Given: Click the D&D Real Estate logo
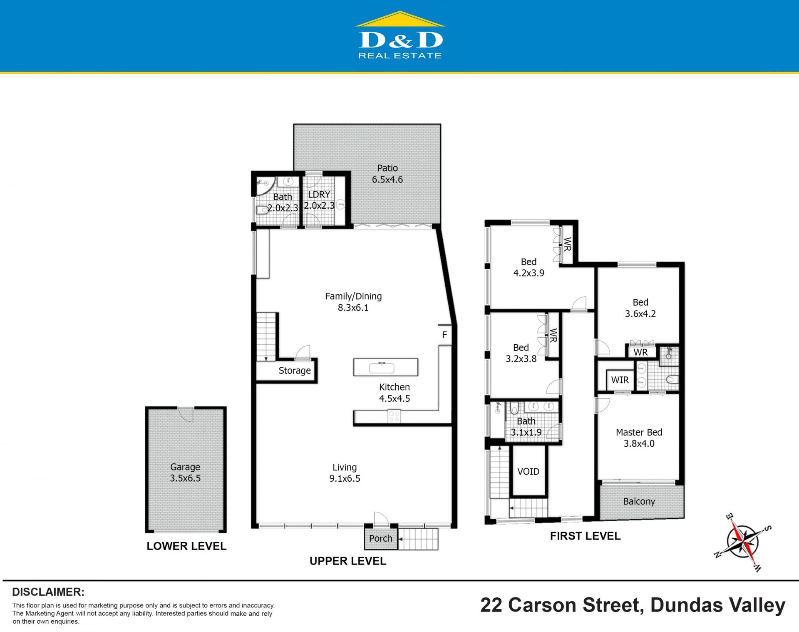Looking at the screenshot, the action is [x=400, y=35].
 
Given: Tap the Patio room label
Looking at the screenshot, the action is [x=387, y=168].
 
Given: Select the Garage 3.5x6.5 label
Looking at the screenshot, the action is [x=185, y=473].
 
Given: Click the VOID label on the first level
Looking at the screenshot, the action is [x=528, y=471].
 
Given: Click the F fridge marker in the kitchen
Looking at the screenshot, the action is [x=444, y=335].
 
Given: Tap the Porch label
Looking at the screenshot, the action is [x=380, y=538].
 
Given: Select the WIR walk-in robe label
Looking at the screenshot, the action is [x=620, y=380].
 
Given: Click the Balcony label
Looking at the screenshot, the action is [x=639, y=501].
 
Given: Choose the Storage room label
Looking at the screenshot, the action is [x=295, y=371].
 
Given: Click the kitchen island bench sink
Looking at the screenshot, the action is [x=382, y=368].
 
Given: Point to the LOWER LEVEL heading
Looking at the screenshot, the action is [x=186, y=546].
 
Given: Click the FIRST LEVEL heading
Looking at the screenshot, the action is [x=585, y=536].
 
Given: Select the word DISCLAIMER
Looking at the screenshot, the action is [x=48, y=592].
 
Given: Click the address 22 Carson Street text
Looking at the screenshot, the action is [x=562, y=605].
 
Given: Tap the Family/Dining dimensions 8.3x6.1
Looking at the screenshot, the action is [x=353, y=308].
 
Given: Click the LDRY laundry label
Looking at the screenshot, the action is [x=319, y=194].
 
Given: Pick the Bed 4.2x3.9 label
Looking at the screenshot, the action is [x=529, y=267].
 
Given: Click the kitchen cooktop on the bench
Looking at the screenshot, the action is [x=394, y=416].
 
